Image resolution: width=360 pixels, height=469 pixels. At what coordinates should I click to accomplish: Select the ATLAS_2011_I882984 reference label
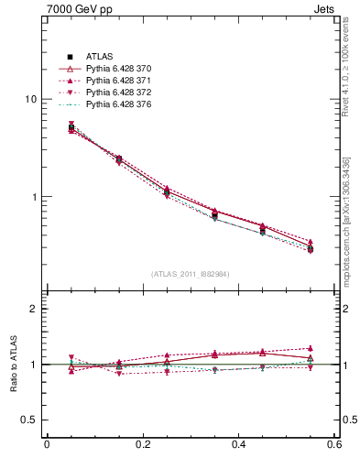(191, 274)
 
